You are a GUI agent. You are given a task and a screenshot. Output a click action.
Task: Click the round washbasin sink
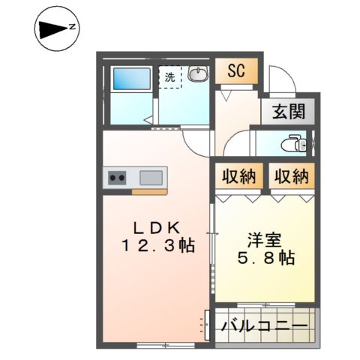197,74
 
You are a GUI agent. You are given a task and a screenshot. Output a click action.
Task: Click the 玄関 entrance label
288,112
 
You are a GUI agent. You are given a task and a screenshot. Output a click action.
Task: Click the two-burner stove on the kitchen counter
118,178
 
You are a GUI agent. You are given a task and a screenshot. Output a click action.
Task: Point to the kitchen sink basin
150,178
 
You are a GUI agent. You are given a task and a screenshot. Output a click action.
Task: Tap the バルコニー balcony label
265,326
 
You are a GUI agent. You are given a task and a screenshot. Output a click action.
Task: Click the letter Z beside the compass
73,27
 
